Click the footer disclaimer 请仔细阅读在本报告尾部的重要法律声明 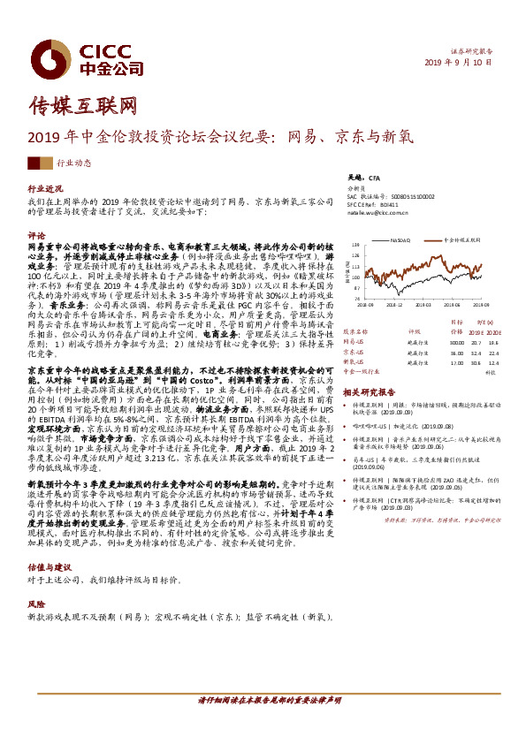pyautogui.click(x=269, y=724)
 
